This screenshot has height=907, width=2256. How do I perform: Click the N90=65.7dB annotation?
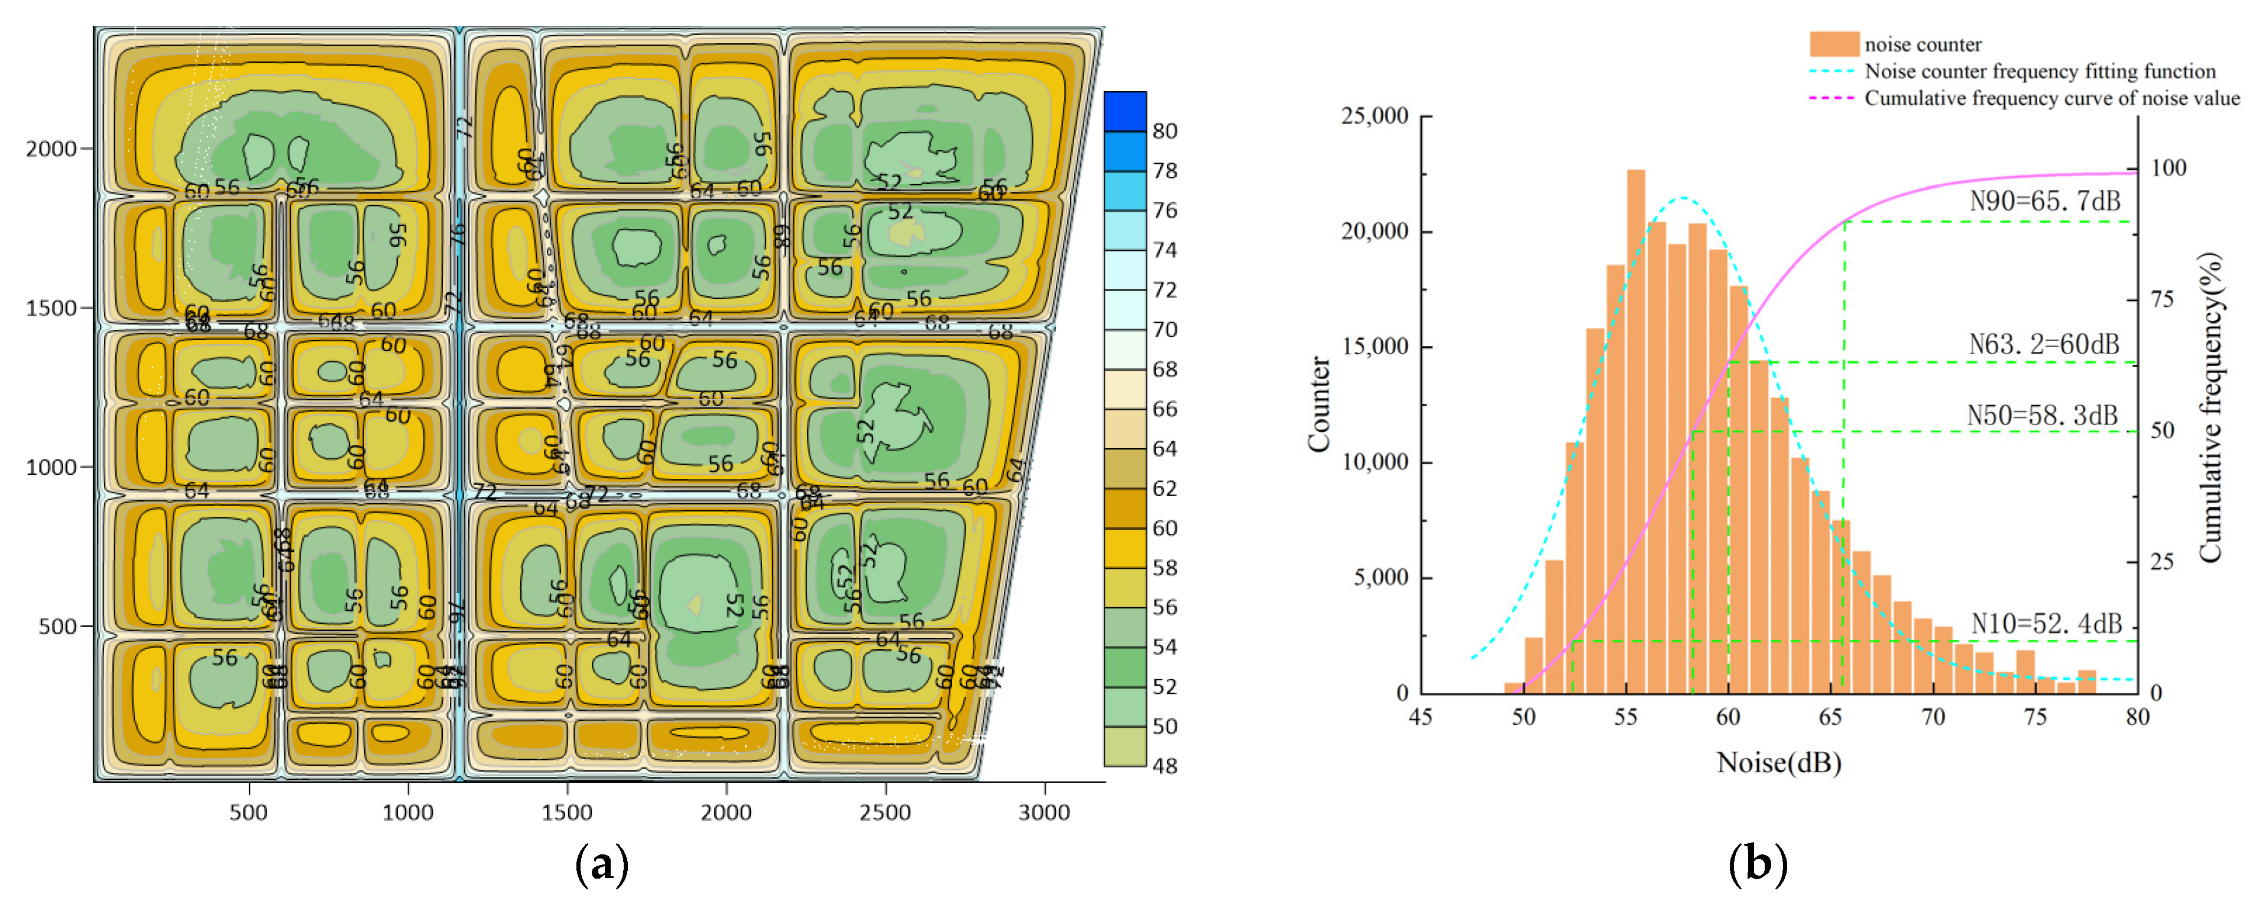tap(2044, 202)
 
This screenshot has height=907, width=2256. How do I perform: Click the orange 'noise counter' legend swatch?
tap(1834, 44)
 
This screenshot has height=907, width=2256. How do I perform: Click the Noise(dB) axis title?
tap(1779, 763)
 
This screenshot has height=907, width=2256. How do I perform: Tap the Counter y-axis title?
tap(1319, 404)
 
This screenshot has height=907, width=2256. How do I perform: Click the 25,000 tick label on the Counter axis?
tap(1375, 115)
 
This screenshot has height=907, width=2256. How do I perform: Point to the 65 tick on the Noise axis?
tap(1830, 717)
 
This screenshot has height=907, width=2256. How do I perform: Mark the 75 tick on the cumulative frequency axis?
tap(2162, 299)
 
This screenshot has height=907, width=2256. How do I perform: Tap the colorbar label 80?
tap(1164, 131)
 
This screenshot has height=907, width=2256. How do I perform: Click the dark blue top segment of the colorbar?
tap(1124, 111)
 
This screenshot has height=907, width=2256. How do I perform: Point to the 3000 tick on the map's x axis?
tap(1044, 812)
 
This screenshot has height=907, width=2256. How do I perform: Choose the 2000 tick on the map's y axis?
tap(51, 149)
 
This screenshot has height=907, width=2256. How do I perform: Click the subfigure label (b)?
tap(1757, 863)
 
